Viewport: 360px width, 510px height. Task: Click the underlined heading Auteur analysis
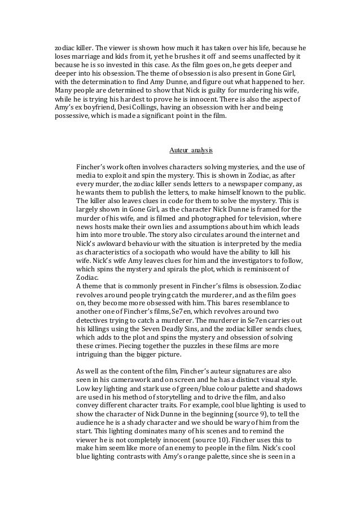click(x=191, y=151)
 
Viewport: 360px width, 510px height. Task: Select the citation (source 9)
click(x=239, y=421)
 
